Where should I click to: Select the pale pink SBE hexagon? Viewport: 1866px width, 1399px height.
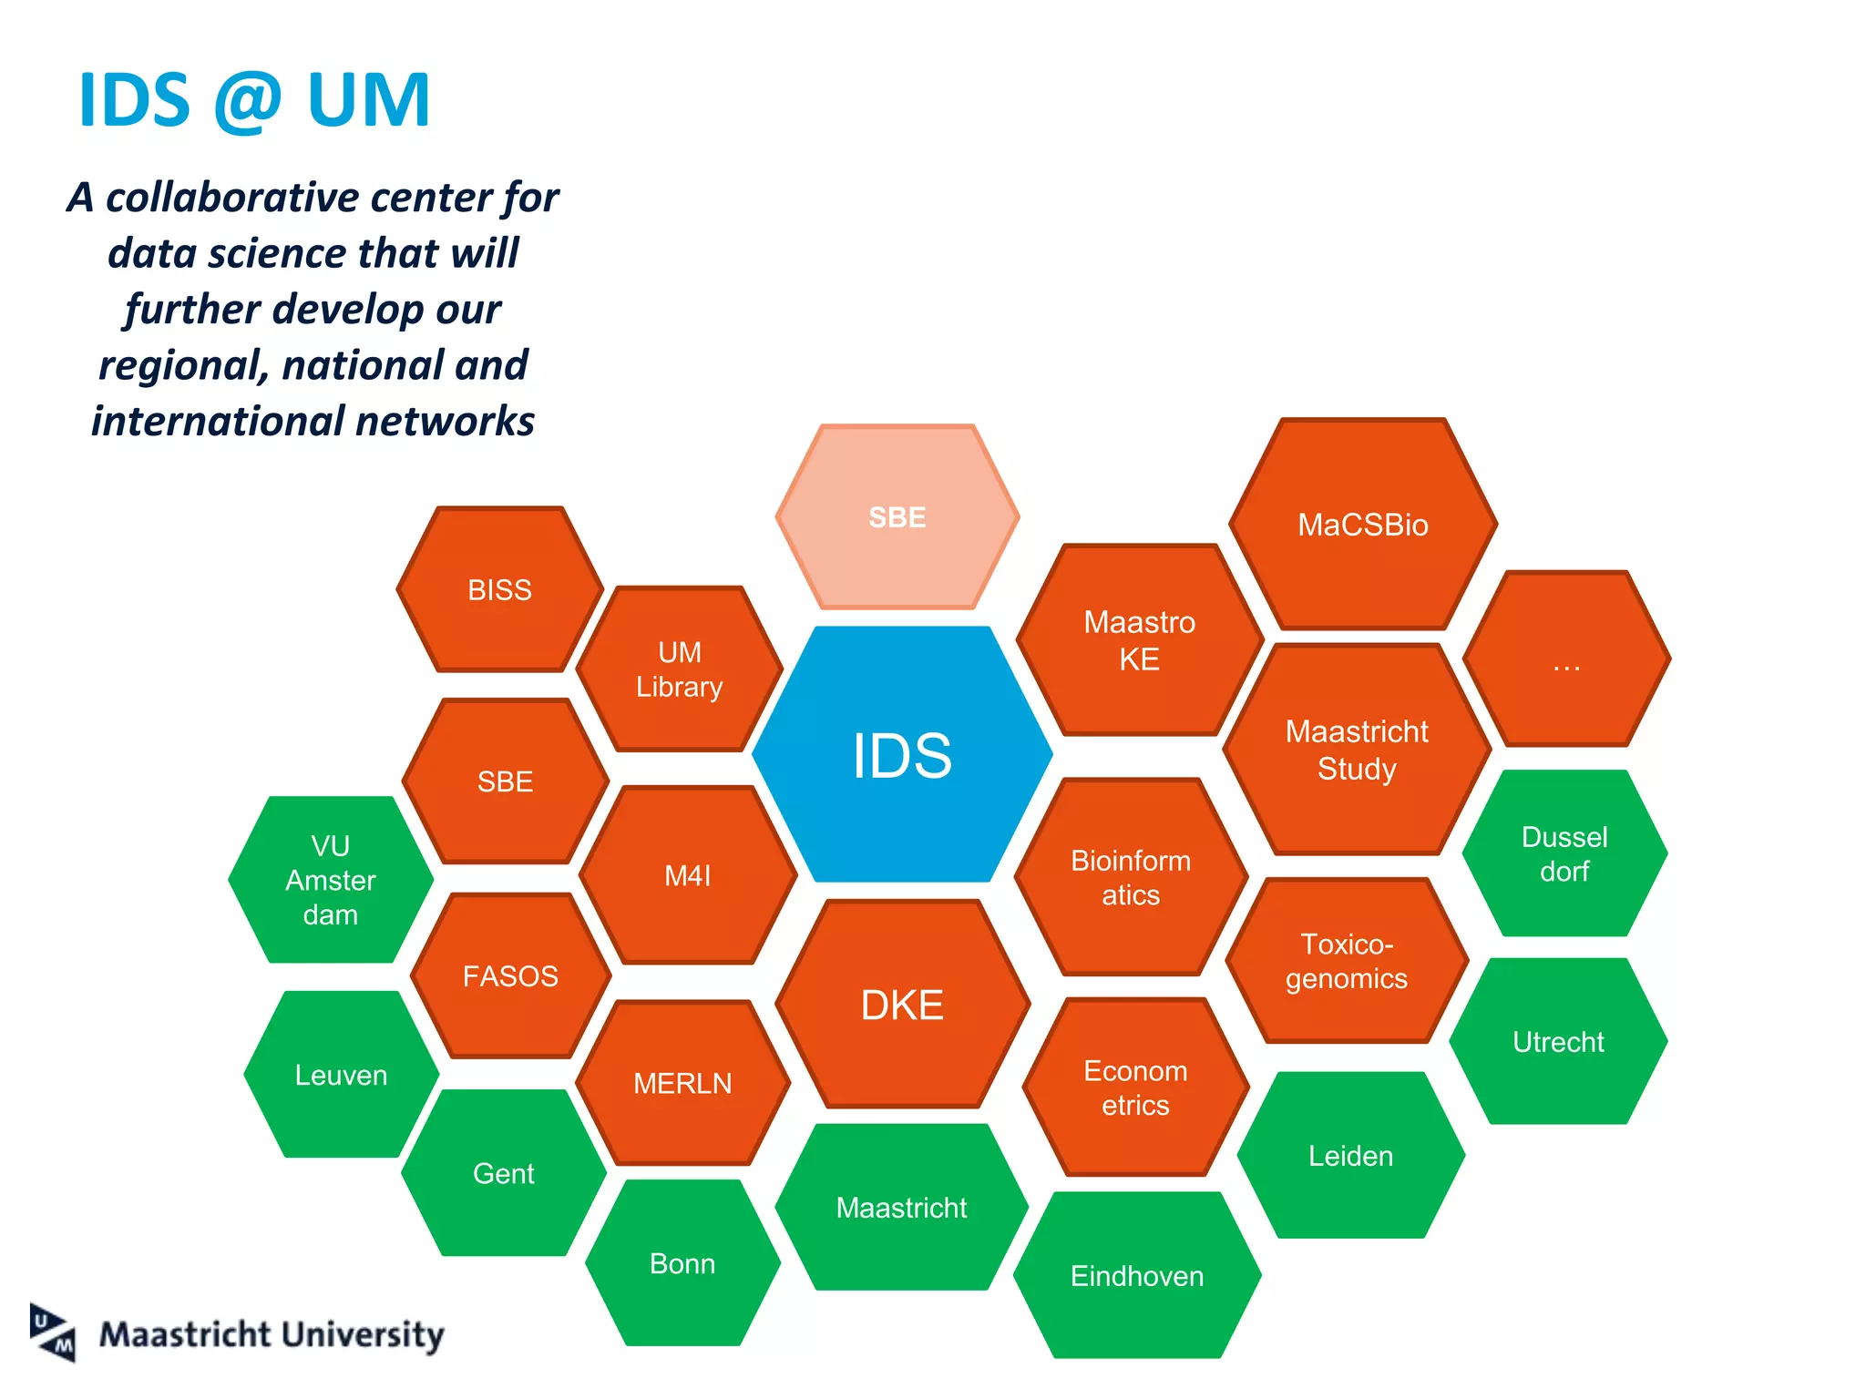(x=897, y=517)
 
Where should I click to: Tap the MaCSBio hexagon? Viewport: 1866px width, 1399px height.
(x=1363, y=525)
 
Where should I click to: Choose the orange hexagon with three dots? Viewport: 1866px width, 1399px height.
(x=1566, y=659)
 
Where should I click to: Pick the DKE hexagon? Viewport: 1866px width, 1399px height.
(x=902, y=1005)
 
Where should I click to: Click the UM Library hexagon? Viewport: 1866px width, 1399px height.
(x=680, y=669)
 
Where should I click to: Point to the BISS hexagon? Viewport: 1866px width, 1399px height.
(x=500, y=590)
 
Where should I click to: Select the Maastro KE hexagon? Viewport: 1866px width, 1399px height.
(x=1139, y=640)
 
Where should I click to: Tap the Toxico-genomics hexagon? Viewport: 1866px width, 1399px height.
(x=1347, y=961)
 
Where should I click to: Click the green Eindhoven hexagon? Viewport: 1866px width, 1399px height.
(x=1137, y=1275)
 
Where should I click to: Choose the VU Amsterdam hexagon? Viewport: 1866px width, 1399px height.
(x=331, y=880)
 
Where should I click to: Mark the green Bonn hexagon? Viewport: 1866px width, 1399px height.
(x=682, y=1263)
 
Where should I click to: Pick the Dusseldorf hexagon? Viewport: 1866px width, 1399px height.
(x=1564, y=853)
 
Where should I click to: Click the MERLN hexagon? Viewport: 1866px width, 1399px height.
(x=682, y=1083)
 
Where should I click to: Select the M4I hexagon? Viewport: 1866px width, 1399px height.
(x=688, y=875)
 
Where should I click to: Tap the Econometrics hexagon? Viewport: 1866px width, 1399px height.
(x=1135, y=1088)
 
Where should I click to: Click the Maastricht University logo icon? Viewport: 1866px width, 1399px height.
(x=53, y=1333)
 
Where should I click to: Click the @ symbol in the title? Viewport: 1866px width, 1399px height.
(x=248, y=100)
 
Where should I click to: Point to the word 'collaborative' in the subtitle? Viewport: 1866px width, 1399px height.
(x=232, y=198)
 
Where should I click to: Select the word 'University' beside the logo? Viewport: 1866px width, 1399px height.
(x=362, y=1335)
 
